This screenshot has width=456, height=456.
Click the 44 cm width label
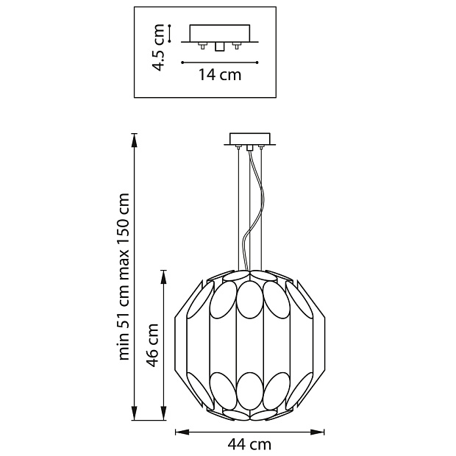coord(249,444)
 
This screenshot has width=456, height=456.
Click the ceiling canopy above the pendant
coord(251,139)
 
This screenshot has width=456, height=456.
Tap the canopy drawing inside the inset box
coord(221,35)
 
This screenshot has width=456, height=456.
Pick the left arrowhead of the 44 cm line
coord(178,432)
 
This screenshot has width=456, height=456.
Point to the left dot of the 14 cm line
coord(182,62)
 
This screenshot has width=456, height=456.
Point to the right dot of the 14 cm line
coord(257,62)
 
